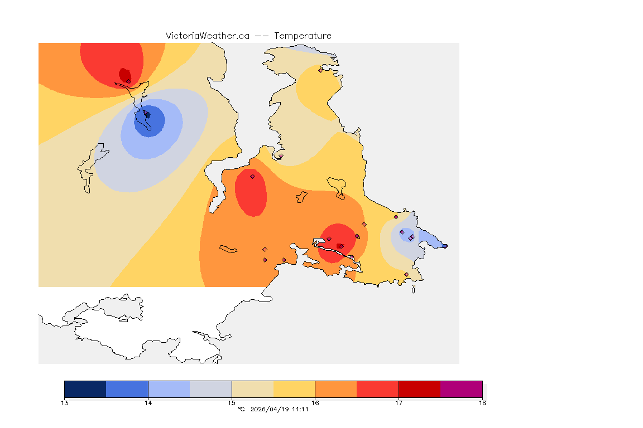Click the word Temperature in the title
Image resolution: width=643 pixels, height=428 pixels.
(303, 36)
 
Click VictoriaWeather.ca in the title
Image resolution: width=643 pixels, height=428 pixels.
(207, 36)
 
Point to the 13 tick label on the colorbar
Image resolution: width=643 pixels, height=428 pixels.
(65, 402)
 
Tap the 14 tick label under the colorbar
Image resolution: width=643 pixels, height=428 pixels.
(148, 402)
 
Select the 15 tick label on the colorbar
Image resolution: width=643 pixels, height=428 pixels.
(232, 402)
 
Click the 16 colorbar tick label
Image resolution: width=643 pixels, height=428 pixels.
(315, 402)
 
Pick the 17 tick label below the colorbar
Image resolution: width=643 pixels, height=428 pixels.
(399, 402)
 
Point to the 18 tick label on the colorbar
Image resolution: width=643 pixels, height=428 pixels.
(482, 402)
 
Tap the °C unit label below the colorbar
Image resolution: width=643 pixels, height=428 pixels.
(241, 410)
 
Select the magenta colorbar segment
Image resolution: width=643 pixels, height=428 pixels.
(461, 389)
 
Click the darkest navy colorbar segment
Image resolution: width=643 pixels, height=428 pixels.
(85, 389)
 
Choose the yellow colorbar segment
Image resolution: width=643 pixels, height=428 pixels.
(294, 389)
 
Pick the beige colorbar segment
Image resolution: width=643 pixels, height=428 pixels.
(252, 389)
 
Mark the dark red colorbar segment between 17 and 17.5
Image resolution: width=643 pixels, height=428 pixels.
(419, 389)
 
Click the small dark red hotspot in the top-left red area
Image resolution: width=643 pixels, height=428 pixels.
(125, 75)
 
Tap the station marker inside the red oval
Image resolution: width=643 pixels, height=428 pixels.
(252, 176)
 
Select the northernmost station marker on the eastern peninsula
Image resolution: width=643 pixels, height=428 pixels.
(320, 70)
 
